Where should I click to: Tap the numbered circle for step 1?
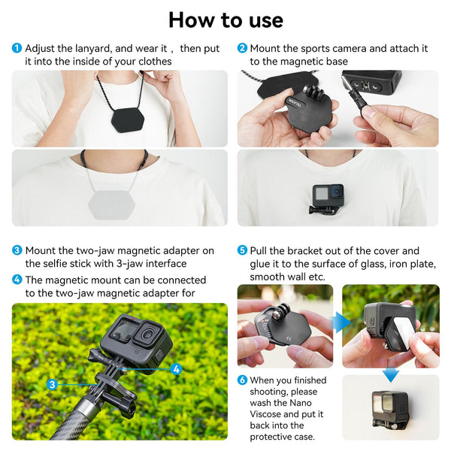[x=17, y=49]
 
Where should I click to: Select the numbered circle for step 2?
[x=242, y=49]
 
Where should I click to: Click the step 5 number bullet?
[x=242, y=251]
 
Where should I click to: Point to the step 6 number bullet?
[x=242, y=380]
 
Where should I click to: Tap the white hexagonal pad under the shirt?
[x=114, y=201]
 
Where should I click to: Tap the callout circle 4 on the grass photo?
[x=175, y=369]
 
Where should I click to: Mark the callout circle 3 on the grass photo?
[x=52, y=384]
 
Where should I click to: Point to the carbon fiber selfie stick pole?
[x=45, y=421]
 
